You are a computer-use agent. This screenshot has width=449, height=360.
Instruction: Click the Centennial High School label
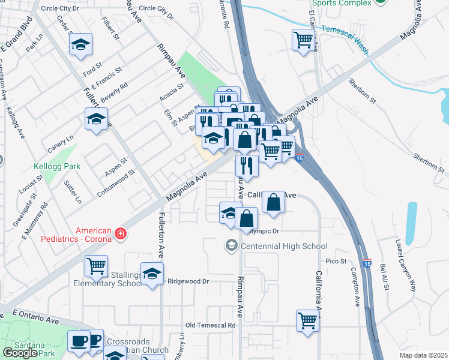[284, 246]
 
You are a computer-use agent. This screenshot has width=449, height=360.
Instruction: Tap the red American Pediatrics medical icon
[121, 233]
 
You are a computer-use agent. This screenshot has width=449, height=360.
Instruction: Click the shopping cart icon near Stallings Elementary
[96, 265]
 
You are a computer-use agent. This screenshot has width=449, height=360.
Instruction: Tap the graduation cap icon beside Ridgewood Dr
[152, 273]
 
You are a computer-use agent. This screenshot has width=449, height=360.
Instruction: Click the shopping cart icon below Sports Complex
[304, 40]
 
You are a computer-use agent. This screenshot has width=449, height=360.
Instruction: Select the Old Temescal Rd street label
[210, 325]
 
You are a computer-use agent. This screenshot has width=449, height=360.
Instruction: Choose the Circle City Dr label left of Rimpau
[59, 8]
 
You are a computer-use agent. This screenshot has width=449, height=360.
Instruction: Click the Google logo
[20, 353]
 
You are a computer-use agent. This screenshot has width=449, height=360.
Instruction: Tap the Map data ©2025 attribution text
[423, 355]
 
